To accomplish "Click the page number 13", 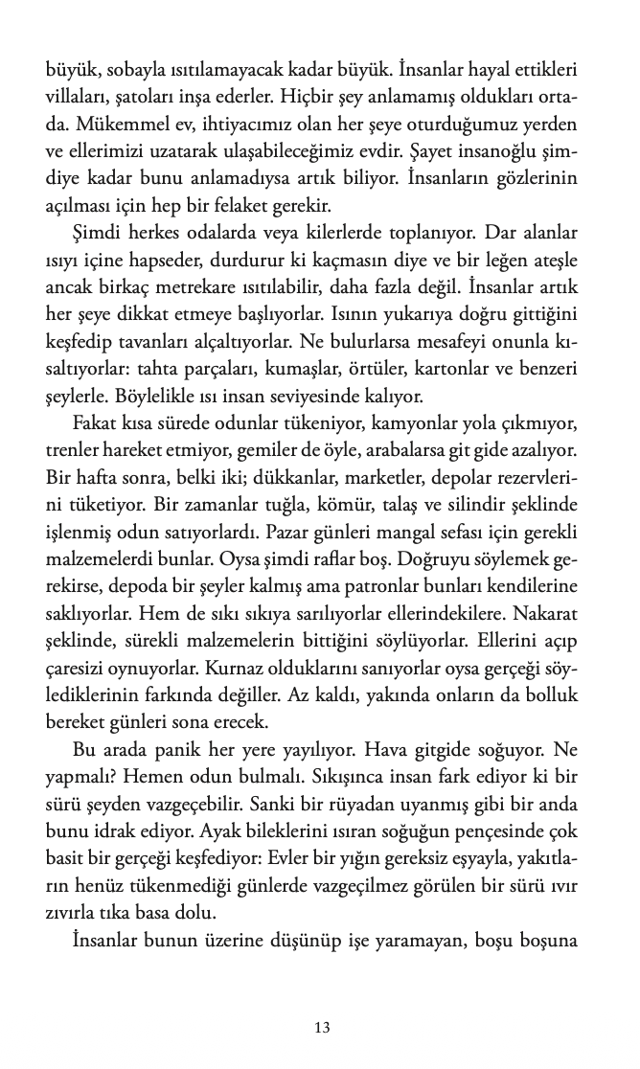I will pyautogui.click(x=321, y=1028).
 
